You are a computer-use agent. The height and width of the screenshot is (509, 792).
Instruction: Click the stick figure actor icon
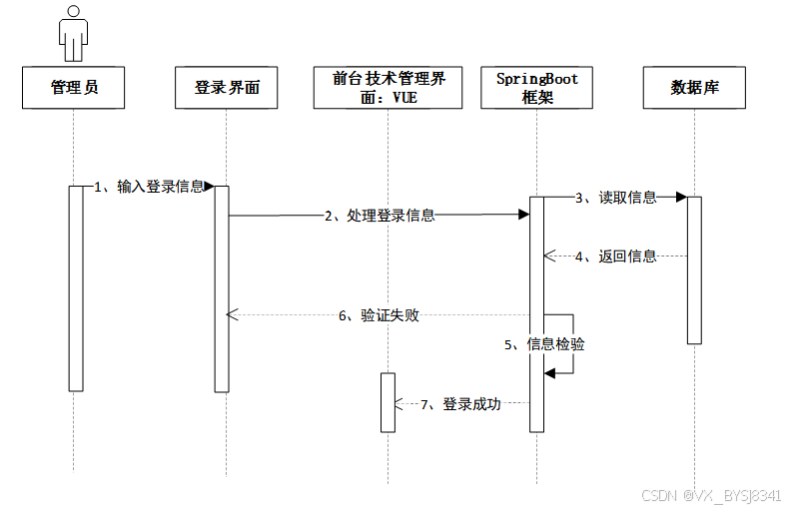(74, 34)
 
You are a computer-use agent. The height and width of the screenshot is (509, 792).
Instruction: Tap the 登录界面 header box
(227, 88)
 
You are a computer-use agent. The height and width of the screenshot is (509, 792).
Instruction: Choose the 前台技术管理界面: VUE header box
(389, 88)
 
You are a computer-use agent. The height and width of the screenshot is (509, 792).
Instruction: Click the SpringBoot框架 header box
(537, 88)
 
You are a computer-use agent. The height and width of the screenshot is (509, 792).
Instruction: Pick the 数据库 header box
(695, 88)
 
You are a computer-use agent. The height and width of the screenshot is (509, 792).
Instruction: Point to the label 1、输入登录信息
(150, 187)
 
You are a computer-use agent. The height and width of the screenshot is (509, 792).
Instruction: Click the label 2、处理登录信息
(379, 215)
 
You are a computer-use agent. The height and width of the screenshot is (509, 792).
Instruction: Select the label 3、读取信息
(615, 198)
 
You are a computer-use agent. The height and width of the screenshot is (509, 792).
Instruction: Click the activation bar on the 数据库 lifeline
(694, 269)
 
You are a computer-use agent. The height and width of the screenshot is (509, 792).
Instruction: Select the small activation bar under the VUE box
(389, 402)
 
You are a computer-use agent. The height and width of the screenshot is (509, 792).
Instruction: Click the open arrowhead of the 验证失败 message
(233, 315)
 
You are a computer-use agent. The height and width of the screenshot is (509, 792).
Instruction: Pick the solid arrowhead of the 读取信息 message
(681, 198)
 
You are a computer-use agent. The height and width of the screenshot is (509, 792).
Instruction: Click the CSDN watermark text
(711, 495)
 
